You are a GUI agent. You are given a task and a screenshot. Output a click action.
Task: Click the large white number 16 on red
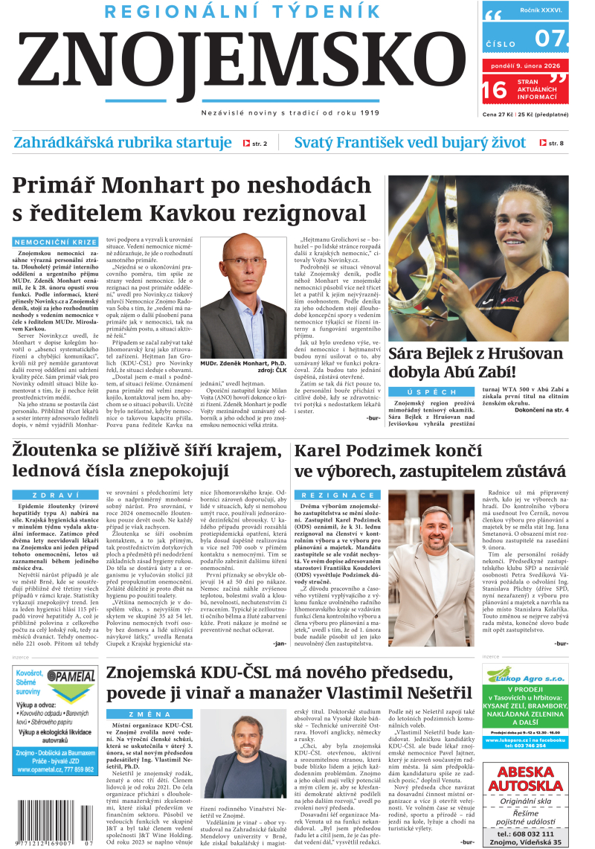tap(494, 91)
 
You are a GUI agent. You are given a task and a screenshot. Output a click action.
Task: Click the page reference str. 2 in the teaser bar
tap(255, 143)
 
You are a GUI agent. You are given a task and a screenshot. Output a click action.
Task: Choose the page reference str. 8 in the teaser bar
tap(551, 143)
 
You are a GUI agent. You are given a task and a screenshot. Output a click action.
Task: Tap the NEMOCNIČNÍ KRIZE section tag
tap(56, 243)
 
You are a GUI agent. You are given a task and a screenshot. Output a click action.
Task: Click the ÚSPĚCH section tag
tap(431, 392)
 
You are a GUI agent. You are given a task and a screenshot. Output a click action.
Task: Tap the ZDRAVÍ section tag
tap(56, 495)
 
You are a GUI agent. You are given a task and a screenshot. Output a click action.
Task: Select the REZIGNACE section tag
tap(338, 495)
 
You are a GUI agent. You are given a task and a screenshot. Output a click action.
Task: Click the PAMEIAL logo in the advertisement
tap(71, 679)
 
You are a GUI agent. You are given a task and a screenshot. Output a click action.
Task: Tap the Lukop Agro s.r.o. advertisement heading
tap(524, 678)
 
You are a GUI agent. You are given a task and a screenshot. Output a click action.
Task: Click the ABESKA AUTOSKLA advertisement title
tap(524, 776)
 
